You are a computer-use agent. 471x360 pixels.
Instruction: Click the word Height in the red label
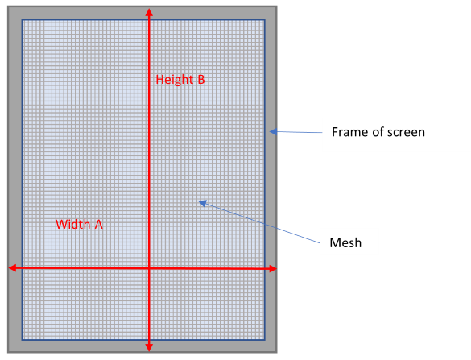coord(174,80)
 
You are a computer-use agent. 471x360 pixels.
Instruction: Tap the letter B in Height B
coord(201,80)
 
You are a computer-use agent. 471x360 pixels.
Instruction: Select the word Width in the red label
coord(72,225)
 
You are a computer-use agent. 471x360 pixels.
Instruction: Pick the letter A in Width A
coord(98,225)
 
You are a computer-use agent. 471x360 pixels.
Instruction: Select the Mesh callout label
coord(345,242)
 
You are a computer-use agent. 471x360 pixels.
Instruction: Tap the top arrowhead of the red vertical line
coord(149,12)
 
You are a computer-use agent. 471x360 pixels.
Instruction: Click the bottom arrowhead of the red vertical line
coord(149,347)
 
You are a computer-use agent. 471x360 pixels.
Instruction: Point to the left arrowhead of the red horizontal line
coord(12,268)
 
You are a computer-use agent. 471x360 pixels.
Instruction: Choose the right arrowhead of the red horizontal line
coord(272,269)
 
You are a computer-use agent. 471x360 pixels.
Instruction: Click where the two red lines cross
coord(149,268)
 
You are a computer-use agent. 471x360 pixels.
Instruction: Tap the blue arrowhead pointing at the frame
coord(273,131)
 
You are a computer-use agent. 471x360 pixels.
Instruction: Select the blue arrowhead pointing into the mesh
coord(203,204)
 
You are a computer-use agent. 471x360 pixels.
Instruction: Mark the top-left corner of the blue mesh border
coord(22,20)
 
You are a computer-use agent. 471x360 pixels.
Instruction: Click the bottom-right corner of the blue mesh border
coord(265,340)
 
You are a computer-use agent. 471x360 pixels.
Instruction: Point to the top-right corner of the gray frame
coord(277,6)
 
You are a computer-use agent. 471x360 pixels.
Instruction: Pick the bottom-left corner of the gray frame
coord(8,352)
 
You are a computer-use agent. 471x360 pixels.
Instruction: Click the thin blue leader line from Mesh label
coord(262,223)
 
